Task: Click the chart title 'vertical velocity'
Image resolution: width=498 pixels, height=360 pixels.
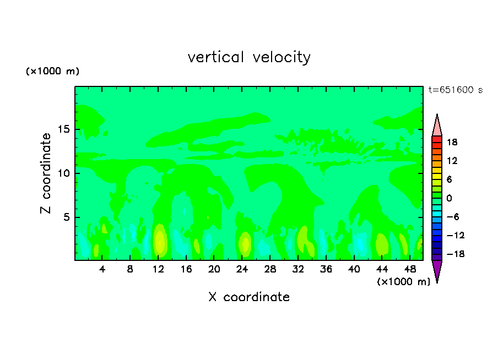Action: (x=249, y=57)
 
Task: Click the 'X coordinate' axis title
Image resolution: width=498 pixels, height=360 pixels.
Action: (x=249, y=297)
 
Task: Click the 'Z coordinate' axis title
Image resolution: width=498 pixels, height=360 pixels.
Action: (x=46, y=173)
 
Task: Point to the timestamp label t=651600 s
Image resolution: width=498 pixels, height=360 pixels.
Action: (x=455, y=90)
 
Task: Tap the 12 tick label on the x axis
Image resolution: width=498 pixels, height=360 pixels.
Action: (x=158, y=270)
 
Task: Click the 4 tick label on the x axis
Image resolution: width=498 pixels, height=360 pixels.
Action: (x=102, y=270)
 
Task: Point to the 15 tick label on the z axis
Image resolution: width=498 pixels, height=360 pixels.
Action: (x=64, y=130)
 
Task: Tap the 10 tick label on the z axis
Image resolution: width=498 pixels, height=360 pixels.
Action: (x=64, y=173)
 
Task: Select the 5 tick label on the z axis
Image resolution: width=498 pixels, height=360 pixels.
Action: (x=67, y=217)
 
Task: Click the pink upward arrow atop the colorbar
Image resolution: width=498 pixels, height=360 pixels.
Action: (x=437, y=125)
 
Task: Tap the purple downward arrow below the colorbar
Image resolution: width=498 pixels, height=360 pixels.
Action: (x=437, y=271)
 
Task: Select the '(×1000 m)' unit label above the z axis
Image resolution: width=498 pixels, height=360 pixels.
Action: (x=53, y=72)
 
